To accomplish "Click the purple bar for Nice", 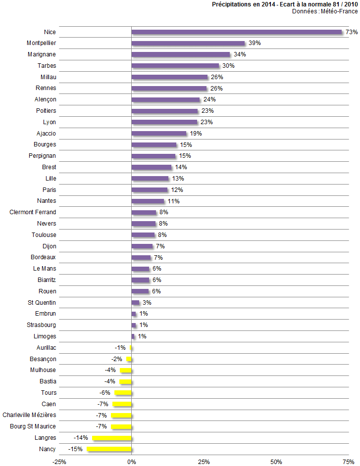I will (237, 32).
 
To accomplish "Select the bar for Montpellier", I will (188, 44).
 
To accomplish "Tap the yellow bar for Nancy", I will (109, 449).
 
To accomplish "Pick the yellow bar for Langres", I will (112, 438).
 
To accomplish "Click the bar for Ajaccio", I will (159, 134).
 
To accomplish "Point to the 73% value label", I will (352, 32).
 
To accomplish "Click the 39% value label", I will (255, 44).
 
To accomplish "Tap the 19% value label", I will (196, 134).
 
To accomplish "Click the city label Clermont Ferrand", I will (33, 212).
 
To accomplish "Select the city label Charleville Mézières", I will (29, 415).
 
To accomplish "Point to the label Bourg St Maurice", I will (33, 426).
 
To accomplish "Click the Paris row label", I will (50, 190).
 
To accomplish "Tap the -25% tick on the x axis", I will (59, 462).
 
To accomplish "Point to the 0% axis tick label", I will (131, 462).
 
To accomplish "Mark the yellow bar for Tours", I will (123, 393).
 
